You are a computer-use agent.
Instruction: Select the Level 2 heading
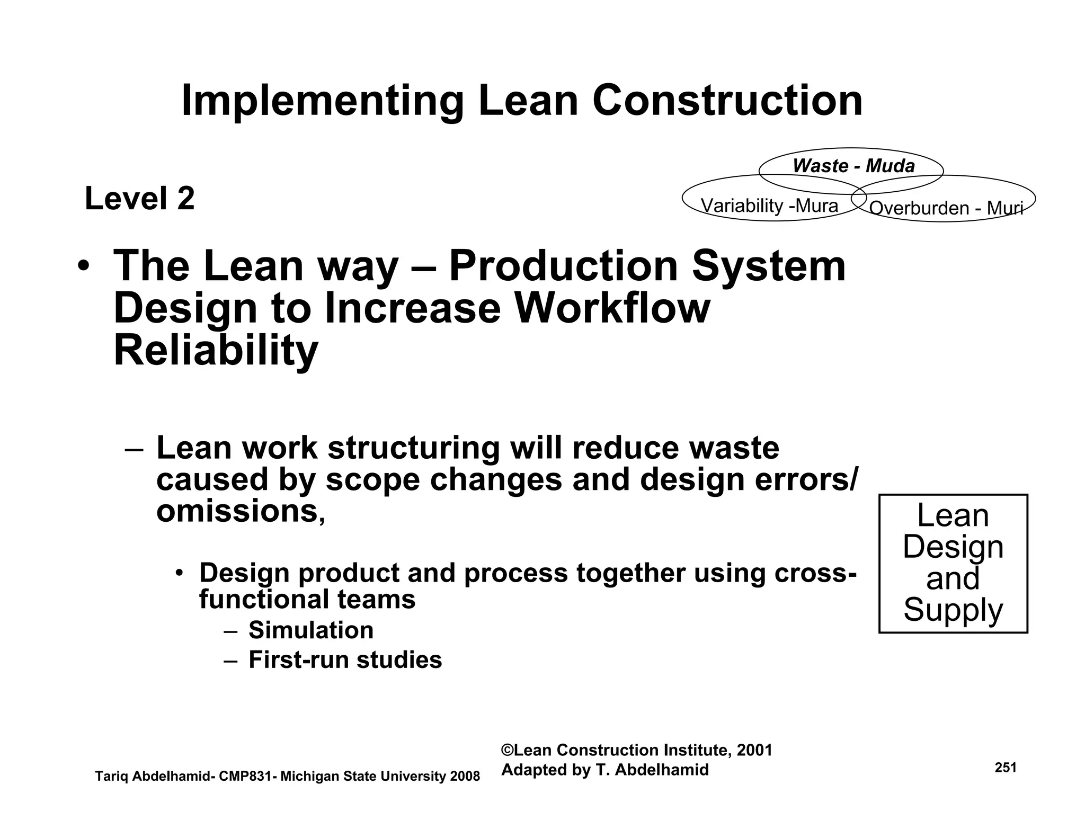(140, 199)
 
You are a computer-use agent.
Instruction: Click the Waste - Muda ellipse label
(853, 166)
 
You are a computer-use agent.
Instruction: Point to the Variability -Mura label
(769, 206)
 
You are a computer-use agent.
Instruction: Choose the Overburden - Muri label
(946, 208)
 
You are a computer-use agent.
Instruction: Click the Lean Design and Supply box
(953, 563)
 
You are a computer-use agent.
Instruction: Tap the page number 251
(1006, 768)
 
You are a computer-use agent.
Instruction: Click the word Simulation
(311, 630)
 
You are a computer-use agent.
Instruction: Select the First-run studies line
(345, 660)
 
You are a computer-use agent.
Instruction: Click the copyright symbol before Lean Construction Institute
(507, 751)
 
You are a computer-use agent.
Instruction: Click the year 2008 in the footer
(465, 777)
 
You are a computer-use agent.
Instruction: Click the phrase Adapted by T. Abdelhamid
(604, 770)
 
